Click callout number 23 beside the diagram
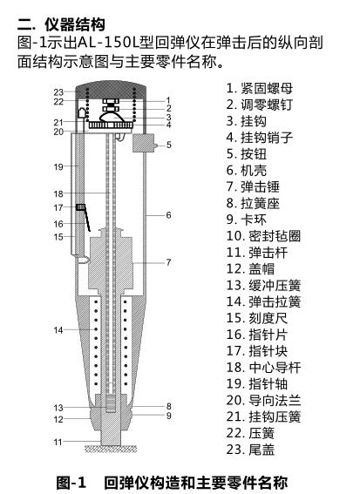[x=58, y=91]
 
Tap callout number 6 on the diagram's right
[x=169, y=214]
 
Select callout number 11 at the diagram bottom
[x=58, y=442]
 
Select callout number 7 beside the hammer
[x=169, y=261]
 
